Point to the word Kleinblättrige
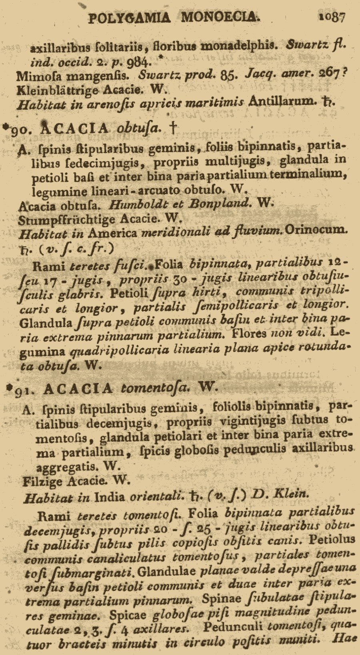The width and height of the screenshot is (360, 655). (x=57, y=89)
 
